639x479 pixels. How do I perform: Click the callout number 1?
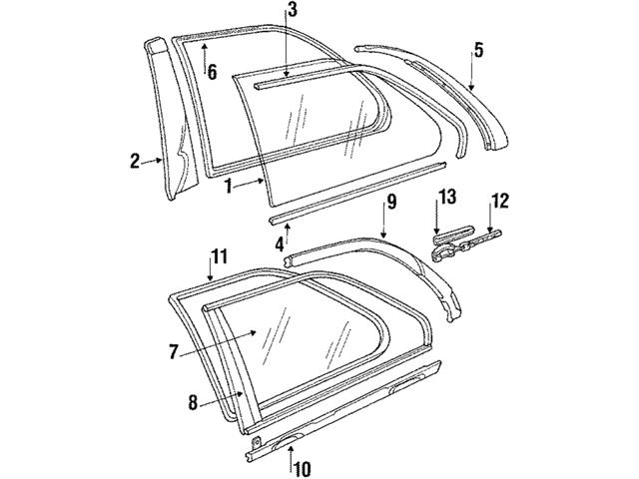point(229,185)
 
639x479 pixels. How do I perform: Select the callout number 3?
point(291,11)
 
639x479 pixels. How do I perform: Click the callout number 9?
point(391,202)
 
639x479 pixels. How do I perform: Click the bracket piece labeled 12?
point(483,238)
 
